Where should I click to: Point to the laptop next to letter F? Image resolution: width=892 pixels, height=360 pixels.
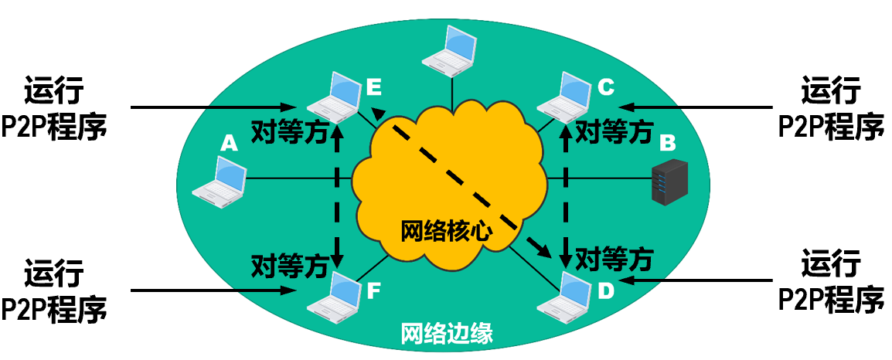point(332,296)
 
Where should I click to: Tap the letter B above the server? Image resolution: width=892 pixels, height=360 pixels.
point(668,143)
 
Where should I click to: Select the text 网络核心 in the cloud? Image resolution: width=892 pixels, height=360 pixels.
point(446,231)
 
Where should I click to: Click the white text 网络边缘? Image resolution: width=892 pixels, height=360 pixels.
point(447,335)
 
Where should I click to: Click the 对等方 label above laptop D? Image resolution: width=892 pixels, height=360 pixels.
point(615,255)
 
